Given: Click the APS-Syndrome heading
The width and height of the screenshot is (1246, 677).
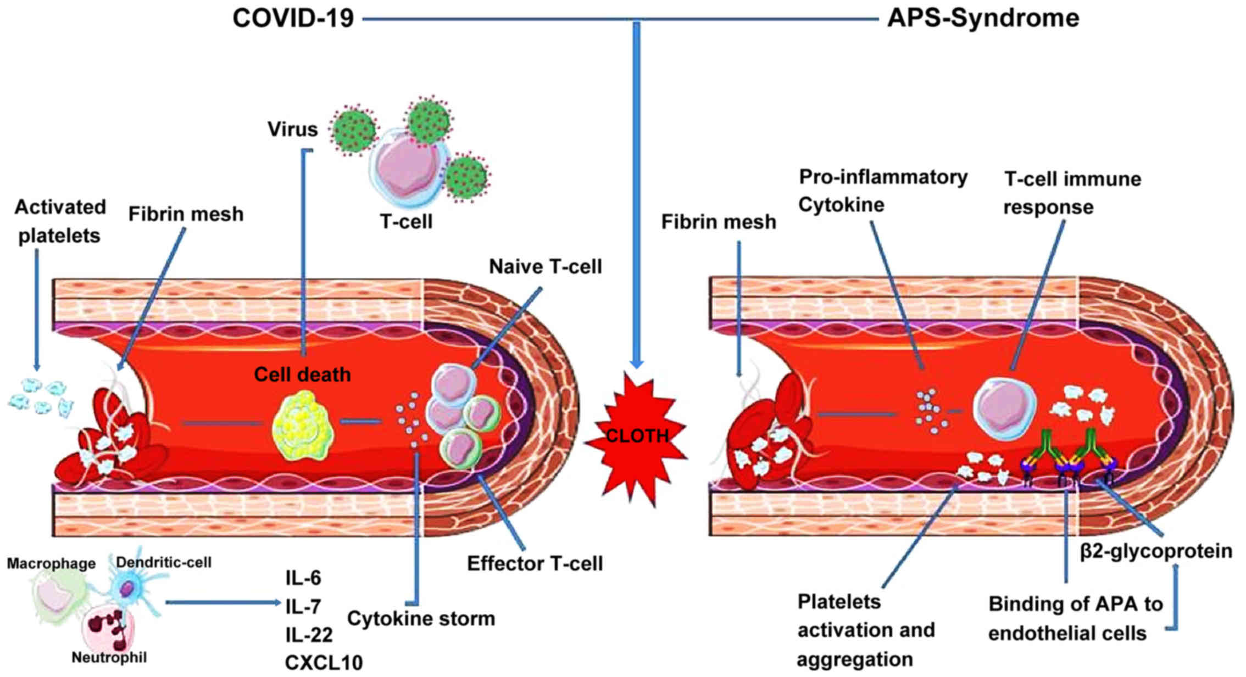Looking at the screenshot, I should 983,19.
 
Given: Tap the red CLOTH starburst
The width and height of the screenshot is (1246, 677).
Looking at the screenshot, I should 636,437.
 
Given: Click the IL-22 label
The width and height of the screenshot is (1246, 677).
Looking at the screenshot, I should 308,635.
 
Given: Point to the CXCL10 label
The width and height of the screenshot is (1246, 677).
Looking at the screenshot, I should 324,663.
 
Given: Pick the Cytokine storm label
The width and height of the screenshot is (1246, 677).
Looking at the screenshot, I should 421,619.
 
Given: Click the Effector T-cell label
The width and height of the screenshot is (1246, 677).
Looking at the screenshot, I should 535,564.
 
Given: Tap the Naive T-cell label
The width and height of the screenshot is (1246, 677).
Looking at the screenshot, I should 545,267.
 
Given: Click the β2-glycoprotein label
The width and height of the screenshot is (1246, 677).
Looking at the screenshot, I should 1156,551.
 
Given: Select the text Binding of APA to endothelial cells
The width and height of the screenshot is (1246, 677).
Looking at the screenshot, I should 1075,619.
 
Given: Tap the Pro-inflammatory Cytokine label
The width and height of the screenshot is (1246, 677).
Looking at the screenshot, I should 882,191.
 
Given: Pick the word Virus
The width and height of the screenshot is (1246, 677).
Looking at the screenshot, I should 292,130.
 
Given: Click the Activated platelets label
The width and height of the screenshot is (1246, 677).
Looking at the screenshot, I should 60,221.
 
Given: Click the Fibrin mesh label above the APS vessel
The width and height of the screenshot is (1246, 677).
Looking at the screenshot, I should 718,222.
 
